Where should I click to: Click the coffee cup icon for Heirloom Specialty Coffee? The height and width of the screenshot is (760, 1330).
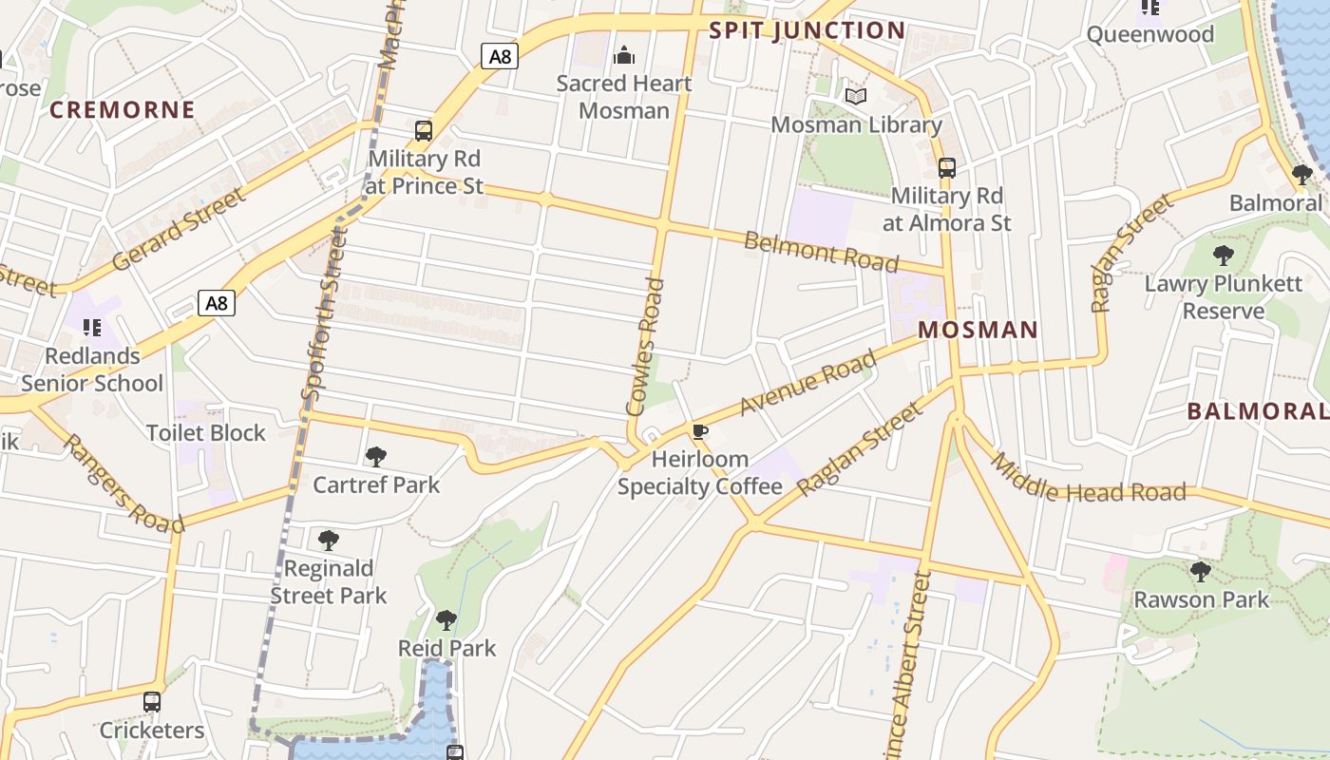(700, 433)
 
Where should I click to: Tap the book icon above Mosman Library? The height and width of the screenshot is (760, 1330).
(856, 97)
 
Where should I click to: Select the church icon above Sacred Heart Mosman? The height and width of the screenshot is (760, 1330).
(624, 55)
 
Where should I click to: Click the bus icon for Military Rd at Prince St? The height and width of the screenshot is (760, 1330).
(424, 131)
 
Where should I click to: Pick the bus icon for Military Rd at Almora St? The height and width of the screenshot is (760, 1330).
(946, 168)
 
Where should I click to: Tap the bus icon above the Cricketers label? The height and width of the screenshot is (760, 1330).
(152, 703)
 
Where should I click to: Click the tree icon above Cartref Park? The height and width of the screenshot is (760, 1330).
(376, 457)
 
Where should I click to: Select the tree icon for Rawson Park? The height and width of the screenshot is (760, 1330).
(1201, 572)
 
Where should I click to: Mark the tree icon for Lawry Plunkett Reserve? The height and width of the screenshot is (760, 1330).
(1224, 256)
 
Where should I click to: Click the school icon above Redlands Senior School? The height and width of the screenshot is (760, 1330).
(92, 329)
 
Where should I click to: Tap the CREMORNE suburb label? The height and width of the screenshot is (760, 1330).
(123, 110)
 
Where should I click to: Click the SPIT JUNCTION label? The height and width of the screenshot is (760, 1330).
(807, 30)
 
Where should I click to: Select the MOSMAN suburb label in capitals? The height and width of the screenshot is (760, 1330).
(978, 331)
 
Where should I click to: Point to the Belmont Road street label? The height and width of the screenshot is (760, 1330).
(821, 251)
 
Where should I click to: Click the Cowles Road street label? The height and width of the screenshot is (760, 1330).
(643, 347)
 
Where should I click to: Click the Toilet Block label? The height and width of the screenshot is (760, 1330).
(206, 433)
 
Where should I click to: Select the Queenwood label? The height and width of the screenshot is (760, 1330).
(1149, 35)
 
